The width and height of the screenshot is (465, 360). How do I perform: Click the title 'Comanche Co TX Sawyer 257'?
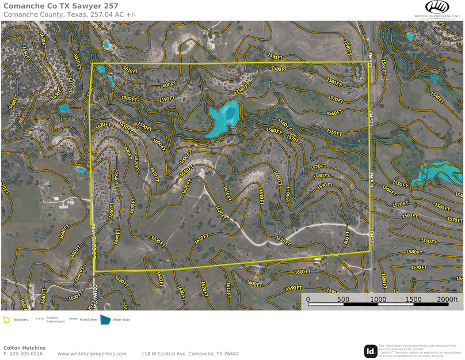[x=61, y=6]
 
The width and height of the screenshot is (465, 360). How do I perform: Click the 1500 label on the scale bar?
[x=413, y=300]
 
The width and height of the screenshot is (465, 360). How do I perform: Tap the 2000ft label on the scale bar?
[x=447, y=300]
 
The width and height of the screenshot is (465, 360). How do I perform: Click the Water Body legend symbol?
[x=106, y=319]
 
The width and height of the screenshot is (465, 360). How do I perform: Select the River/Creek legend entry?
[x=80, y=319]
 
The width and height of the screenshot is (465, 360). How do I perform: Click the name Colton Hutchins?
[x=24, y=348]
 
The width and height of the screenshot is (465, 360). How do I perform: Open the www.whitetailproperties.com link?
[x=92, y=354]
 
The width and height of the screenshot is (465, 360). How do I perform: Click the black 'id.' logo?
[x=371, y=351]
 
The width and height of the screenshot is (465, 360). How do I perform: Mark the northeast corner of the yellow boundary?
[x=368, y=62]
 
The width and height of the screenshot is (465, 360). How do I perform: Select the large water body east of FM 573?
[x=440, y=172]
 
